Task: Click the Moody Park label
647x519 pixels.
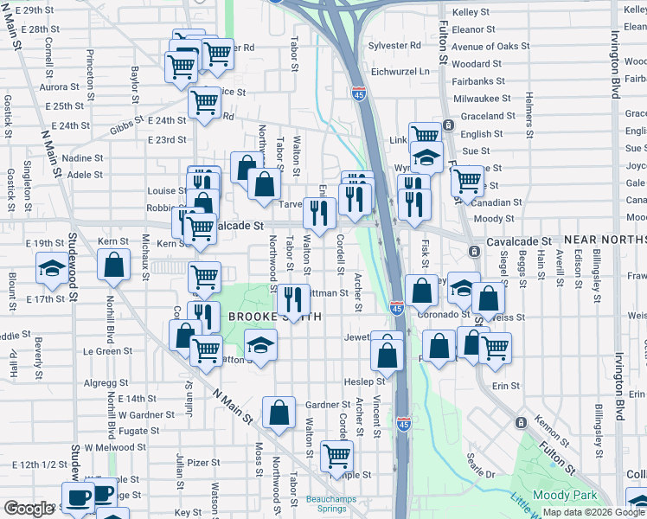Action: click(567, 494)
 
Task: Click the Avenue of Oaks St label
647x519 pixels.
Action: click(490, 46)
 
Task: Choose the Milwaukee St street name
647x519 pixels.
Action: click(482, 99)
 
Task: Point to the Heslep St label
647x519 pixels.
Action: click(363, 381)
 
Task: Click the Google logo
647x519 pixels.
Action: click(28, 509)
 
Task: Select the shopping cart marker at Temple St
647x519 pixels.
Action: click(336, 456)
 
